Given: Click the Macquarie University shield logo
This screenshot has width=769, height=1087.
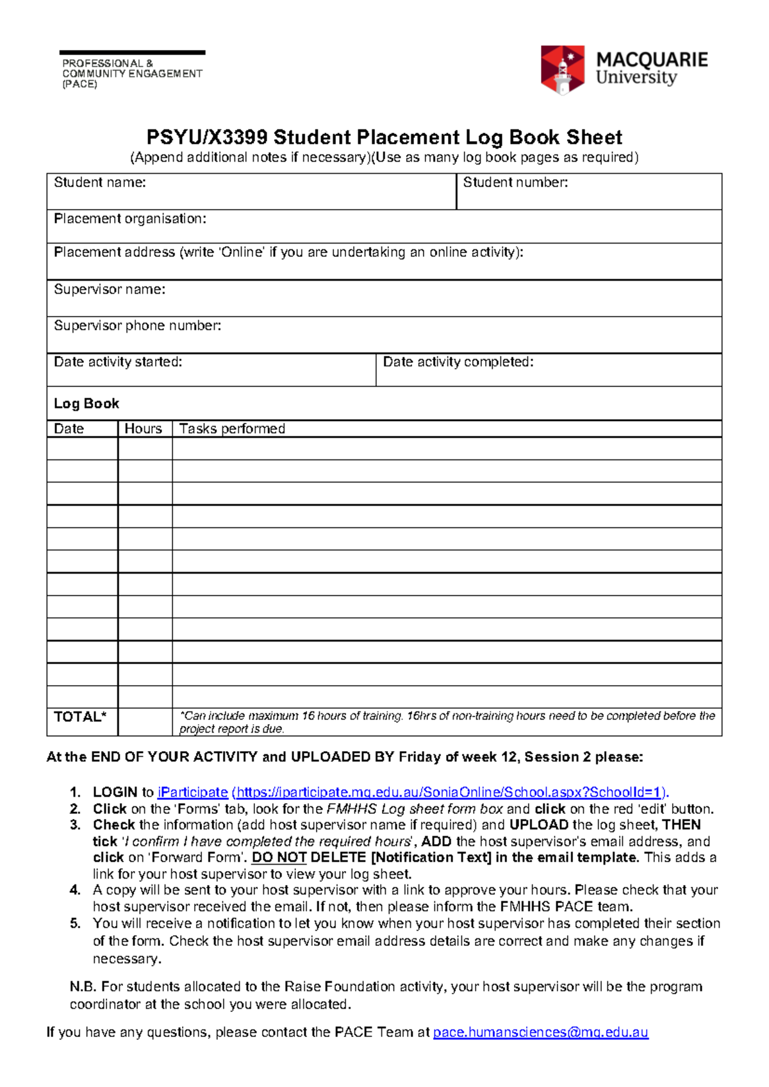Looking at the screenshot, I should [x=562, y=69].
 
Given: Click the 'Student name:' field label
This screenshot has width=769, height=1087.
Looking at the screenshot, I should [x=99, y=183].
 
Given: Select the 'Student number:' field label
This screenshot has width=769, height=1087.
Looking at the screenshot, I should [x=515, y=183].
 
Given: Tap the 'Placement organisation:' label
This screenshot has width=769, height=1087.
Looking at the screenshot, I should [x=129, y=219].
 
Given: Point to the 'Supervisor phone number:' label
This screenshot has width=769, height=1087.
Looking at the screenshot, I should [x=137, y=326].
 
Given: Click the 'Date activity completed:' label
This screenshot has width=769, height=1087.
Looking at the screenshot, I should [x=458, y=362].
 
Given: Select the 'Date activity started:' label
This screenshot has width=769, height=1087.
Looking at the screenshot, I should [x=118, y=362].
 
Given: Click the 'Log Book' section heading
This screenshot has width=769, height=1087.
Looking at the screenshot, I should [x=86, y=404].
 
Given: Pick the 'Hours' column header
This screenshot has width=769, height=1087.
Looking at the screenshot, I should [x=143, y=429].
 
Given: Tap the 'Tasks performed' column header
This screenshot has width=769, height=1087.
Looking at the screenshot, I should [x=232, y=429].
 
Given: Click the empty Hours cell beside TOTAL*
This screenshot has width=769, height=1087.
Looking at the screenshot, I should [x=145, y=722].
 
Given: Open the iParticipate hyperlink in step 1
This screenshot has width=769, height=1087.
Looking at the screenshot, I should [x=193, y=792].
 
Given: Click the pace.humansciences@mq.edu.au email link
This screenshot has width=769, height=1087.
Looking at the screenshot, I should [x=541, y=1033].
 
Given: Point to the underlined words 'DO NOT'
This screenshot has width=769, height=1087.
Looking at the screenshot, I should [x=279, y=858].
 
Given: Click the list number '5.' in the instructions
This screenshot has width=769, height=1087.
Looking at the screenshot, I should [x=76, y=924].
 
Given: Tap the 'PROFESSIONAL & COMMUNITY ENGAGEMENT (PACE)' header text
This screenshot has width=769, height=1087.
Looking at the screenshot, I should [x=131, y=73].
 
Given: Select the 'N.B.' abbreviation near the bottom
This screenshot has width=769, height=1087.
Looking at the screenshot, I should [x=83, y=987].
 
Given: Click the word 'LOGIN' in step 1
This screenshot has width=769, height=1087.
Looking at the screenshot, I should [x=115, y=792].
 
